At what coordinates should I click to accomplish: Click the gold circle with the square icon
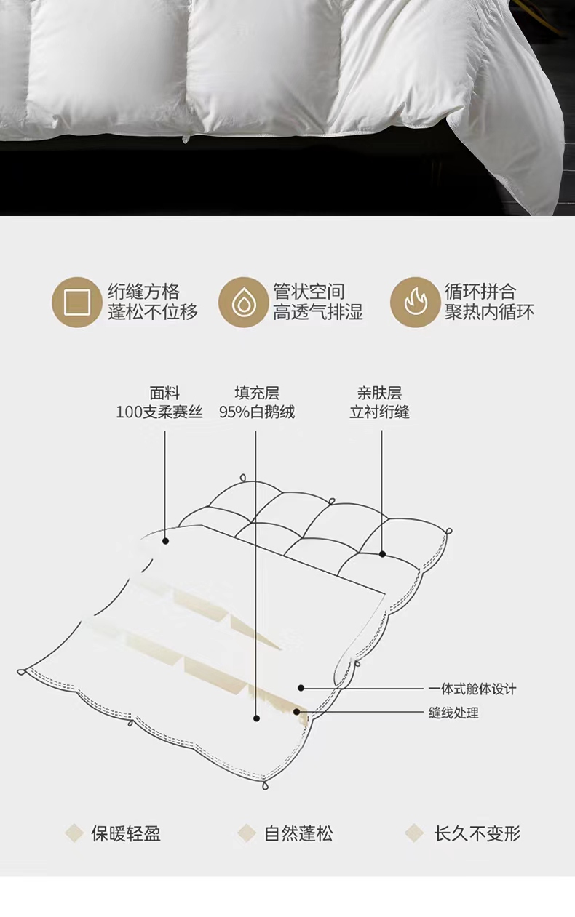coord(76,302)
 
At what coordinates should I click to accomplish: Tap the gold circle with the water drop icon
coord(243,302)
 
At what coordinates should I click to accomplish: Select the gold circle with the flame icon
coord(415,302)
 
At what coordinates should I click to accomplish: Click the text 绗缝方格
coord(144,292)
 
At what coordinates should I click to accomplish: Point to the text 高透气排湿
coord(318,312)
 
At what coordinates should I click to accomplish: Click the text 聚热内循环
coord(489,312)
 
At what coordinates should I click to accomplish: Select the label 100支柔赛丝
coord(159,412)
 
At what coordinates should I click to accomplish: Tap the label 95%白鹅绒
coord(257,412)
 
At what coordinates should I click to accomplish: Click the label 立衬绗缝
coord(379,412)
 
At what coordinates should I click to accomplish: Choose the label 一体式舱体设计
coord(472,689)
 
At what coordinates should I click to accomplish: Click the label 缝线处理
coord(453,713)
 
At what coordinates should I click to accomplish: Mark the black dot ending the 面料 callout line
coord(165,541)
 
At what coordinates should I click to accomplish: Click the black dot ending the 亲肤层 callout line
coord(382,554)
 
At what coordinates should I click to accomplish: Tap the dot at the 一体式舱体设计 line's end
coord(301,688)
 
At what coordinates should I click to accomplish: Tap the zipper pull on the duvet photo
coord(186,137)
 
